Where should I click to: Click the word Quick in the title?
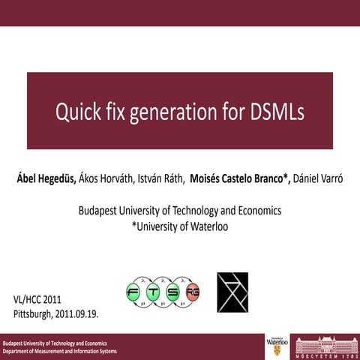tap(77, 112)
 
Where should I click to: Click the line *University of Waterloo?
tap(179, 225)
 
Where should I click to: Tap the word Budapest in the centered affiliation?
tap(100, 211)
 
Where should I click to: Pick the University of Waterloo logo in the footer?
tap(276, 346)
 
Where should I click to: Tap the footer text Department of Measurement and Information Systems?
tap(60, 351)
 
